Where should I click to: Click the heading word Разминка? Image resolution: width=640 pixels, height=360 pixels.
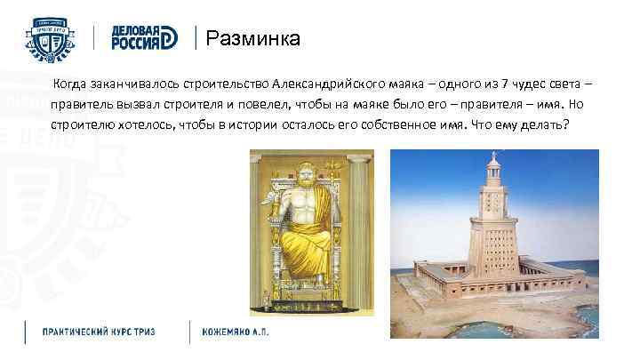pyautogui.click(x=252, y=39)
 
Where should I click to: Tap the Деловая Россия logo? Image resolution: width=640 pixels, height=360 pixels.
pyautogui.click(x=146, y=38)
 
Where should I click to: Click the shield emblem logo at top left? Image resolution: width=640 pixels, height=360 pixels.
pyautogui.click(x=49, y=37)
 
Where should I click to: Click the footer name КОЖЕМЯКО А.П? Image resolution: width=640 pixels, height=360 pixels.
pyautogui.click(x=235, y=332)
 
